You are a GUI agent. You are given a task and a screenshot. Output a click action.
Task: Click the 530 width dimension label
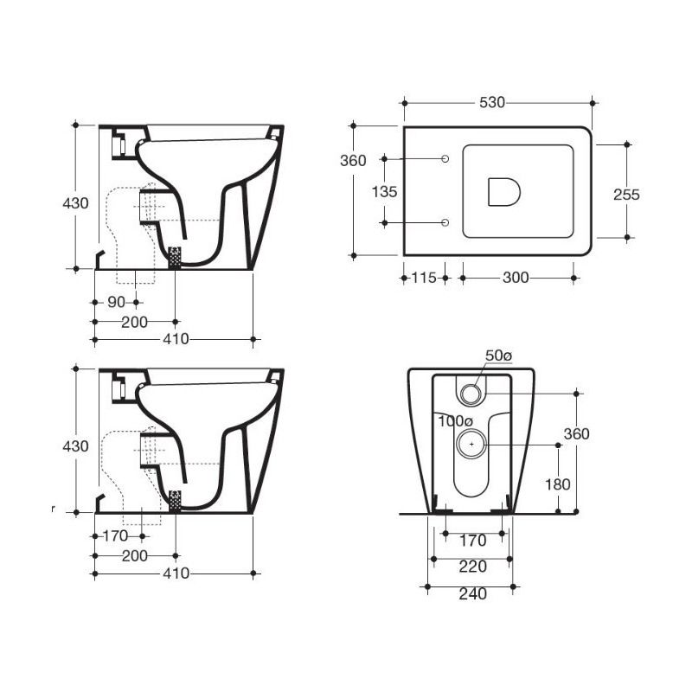[491, 103]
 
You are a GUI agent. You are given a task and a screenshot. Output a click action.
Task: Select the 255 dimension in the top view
[626, 195]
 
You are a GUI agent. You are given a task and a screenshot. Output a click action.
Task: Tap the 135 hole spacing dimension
[385, 191]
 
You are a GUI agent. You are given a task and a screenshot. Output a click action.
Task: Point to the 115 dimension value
[423, 278]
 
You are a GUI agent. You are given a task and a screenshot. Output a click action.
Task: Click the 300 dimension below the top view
[516, 278]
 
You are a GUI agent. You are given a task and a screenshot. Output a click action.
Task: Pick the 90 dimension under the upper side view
[117, 302]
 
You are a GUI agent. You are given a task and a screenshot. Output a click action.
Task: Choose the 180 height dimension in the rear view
[558, 484]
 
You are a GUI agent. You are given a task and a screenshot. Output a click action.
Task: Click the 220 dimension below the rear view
[472, 567]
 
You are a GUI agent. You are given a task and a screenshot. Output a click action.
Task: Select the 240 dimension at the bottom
[472, 593]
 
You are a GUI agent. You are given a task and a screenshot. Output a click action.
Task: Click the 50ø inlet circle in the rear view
[471, 394]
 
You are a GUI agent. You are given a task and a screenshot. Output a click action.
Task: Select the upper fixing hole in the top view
[445, 159]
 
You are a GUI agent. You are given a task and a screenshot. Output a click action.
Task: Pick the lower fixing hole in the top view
[445, 223]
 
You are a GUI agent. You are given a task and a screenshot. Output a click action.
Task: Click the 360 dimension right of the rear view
[576, 433]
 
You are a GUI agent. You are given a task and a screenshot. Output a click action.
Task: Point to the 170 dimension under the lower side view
[115, 536]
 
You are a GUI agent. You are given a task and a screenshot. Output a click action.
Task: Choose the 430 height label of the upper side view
[76, 204]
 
